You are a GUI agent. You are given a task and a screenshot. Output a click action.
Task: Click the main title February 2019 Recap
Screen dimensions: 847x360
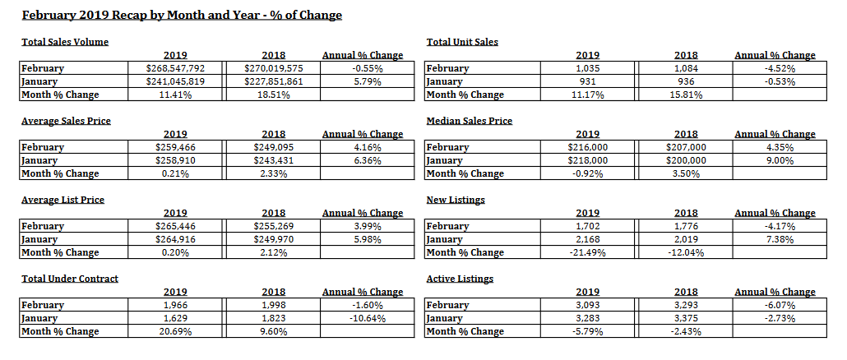click(182, 15)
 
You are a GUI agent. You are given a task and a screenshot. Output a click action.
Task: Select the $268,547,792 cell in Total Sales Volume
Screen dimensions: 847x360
click(175, 68)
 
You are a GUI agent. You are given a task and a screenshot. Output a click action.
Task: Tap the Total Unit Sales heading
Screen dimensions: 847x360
click(462, 42)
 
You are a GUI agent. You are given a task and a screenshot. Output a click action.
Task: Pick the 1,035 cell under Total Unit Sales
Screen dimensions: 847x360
click(588, 68)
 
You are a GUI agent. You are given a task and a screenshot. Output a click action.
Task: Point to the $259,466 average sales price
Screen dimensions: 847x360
click(175, 147)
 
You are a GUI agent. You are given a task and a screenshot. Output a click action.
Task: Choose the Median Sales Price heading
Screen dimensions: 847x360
click(469, 121)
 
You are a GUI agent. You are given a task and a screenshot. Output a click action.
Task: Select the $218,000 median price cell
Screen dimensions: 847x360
click(588, 160)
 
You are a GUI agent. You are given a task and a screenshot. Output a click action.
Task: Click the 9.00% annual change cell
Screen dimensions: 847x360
click(779, 160)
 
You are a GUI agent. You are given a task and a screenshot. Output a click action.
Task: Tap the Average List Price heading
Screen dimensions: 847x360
click(62, 200)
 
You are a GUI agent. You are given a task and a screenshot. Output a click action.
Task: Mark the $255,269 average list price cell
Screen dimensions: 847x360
click(273, 226)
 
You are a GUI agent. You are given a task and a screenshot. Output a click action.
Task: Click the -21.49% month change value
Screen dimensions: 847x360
click(588, 252)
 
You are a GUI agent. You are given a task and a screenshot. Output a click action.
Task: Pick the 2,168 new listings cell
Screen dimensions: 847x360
click(588, 239)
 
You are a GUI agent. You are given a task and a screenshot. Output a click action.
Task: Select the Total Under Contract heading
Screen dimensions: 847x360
click(70, 279)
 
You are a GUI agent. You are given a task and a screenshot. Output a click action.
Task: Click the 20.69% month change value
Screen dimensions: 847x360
click(175, 331)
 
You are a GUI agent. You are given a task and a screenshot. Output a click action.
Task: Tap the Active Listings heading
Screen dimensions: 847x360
click(460, 279)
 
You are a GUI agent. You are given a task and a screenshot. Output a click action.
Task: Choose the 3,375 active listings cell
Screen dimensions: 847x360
click(686, 318)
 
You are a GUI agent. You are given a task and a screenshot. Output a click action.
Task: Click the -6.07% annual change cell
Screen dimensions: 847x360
click(779, 305)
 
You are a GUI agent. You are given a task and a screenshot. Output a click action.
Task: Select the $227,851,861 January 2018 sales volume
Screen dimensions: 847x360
click(273, 81)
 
